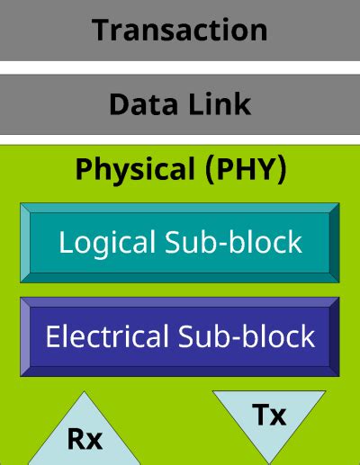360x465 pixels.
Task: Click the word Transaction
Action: point(180,30)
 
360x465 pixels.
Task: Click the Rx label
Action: point(85,440)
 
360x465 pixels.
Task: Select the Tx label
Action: point(269,415)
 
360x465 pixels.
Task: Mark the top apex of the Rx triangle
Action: point(85,393)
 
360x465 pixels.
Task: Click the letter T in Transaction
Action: point(102,30)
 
